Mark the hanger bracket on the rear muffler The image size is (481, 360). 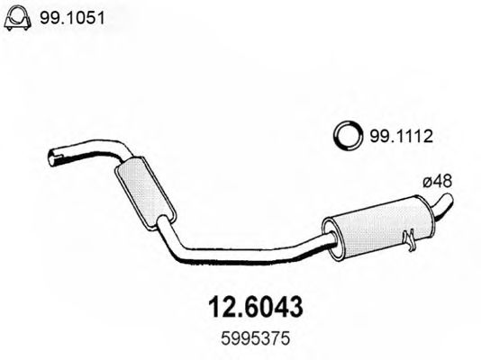coord(410,240)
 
